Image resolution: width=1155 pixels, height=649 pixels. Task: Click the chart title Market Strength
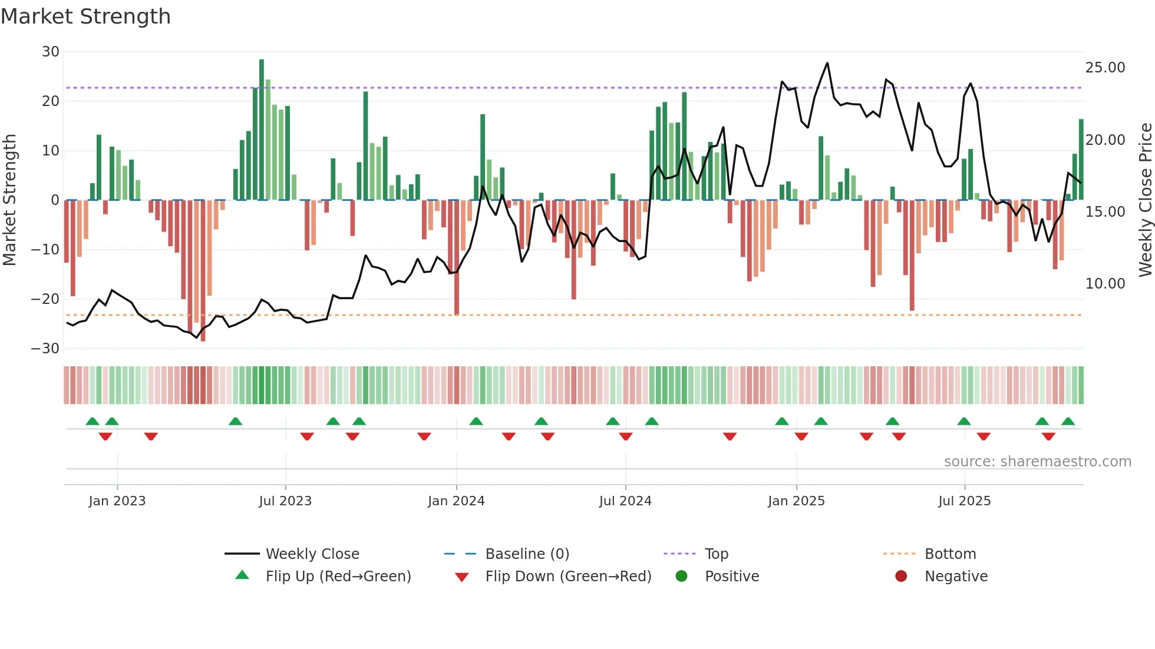[x=85, y=16]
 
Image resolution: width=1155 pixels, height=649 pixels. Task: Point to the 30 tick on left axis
[x=51, y=52]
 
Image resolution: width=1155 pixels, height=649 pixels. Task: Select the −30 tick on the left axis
[x=45, y=348]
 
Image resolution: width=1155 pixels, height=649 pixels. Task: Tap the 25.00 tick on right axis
[x=1105, y=68]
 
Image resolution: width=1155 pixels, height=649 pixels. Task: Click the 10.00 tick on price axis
[x=1105, y=284]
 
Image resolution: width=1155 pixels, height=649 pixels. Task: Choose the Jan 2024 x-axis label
[x=456, y=501]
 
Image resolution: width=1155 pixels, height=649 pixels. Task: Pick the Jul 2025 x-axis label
[x=964, y=501]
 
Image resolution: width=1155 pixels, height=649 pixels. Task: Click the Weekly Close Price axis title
[x=1144, y=200]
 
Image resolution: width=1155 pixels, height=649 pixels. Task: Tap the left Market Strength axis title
[x=10, y=200]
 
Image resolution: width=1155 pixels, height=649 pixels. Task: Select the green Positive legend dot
[x=682, y=576]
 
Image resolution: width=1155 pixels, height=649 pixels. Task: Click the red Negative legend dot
[x=901, y=576]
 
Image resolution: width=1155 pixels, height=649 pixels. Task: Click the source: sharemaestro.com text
[x=1037, y=462]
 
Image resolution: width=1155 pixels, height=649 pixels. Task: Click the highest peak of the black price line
[x=827, y=64]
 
